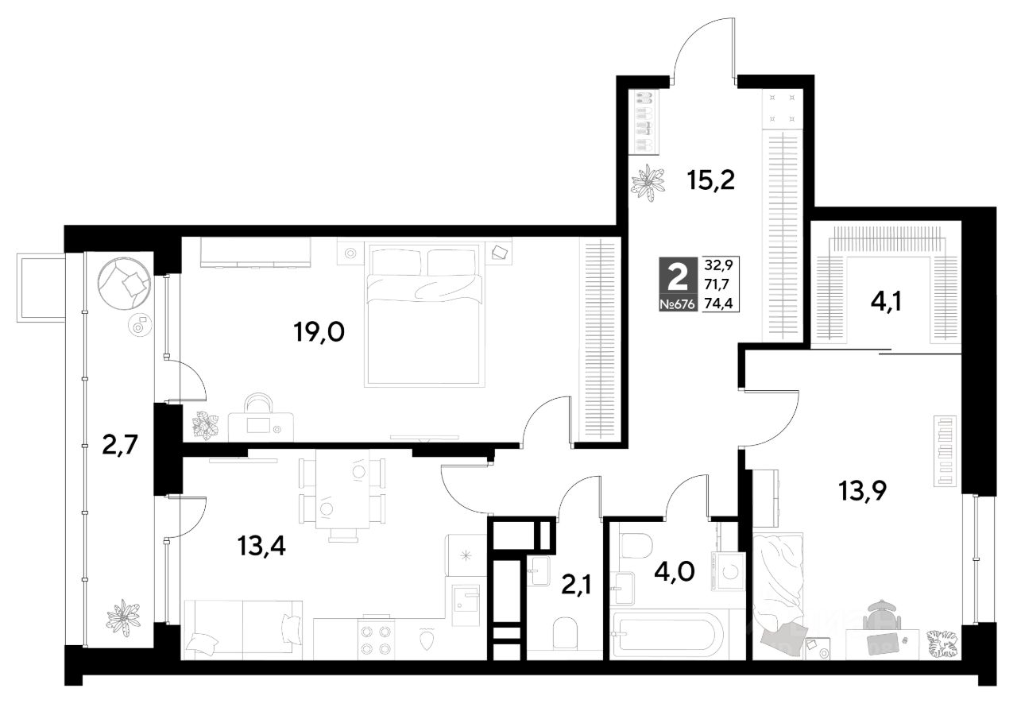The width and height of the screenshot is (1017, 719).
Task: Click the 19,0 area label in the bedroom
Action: (319, 332)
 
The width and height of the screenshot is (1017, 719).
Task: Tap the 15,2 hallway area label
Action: (710, 181)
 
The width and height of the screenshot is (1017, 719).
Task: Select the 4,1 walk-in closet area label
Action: (886, 301)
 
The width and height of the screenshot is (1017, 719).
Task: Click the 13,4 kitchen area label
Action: (261, 546)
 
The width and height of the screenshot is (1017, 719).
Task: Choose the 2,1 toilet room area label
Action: (576, 585)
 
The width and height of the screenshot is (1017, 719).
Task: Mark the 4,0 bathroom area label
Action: (675, 571)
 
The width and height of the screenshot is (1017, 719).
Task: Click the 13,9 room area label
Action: (862, 490)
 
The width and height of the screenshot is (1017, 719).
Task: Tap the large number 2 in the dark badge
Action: (679, 277)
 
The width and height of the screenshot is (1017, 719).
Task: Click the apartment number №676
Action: (678, 304)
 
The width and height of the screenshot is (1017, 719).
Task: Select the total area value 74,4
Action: (719, 303)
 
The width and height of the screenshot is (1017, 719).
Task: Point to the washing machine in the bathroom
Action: (729, 572)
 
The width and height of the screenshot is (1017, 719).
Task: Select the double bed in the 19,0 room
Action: (424, 315)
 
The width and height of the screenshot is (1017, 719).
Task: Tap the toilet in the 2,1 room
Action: (565, 632)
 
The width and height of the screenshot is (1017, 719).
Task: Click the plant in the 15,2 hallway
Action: (648, 183)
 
